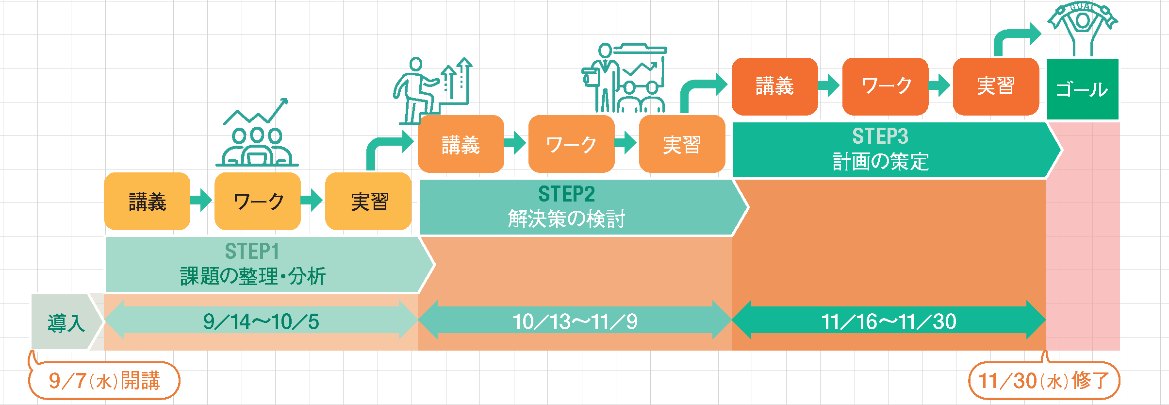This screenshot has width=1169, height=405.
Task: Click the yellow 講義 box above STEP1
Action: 147,201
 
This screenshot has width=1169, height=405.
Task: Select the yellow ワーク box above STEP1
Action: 258,201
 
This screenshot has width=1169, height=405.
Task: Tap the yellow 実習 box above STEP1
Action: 368,201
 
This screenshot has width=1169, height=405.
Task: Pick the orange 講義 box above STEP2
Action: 461,144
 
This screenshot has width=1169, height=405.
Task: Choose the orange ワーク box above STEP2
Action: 571,144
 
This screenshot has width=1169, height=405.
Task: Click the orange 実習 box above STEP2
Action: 682,144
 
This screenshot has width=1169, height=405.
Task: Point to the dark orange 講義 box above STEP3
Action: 774,86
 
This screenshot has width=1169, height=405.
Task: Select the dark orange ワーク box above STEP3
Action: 885,86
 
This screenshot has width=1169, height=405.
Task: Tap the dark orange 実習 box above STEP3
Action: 996,86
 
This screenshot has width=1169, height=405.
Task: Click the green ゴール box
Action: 1083,89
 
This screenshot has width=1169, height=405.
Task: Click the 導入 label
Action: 66,322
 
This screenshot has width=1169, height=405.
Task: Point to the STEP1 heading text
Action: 252,252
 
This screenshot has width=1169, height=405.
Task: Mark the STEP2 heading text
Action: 566,194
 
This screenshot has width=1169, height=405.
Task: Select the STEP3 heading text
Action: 880,136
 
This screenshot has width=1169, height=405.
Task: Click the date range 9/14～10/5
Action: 261,321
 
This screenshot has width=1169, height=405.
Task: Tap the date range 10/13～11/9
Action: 575,321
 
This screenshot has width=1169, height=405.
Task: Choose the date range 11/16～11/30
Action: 889,321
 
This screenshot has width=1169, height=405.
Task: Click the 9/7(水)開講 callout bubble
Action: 104,381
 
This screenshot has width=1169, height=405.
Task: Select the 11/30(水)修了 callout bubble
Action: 1044,381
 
